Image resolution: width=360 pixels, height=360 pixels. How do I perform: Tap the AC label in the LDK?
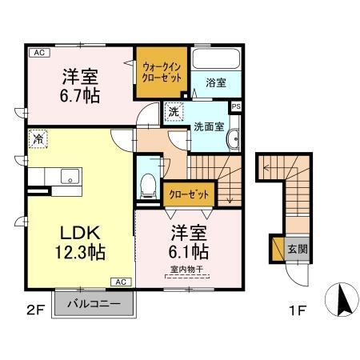click(x=122, y=282)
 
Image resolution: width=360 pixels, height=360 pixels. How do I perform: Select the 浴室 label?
click(x=215, y=82)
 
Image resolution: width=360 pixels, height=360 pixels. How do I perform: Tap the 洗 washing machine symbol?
click(x=174, y=113)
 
